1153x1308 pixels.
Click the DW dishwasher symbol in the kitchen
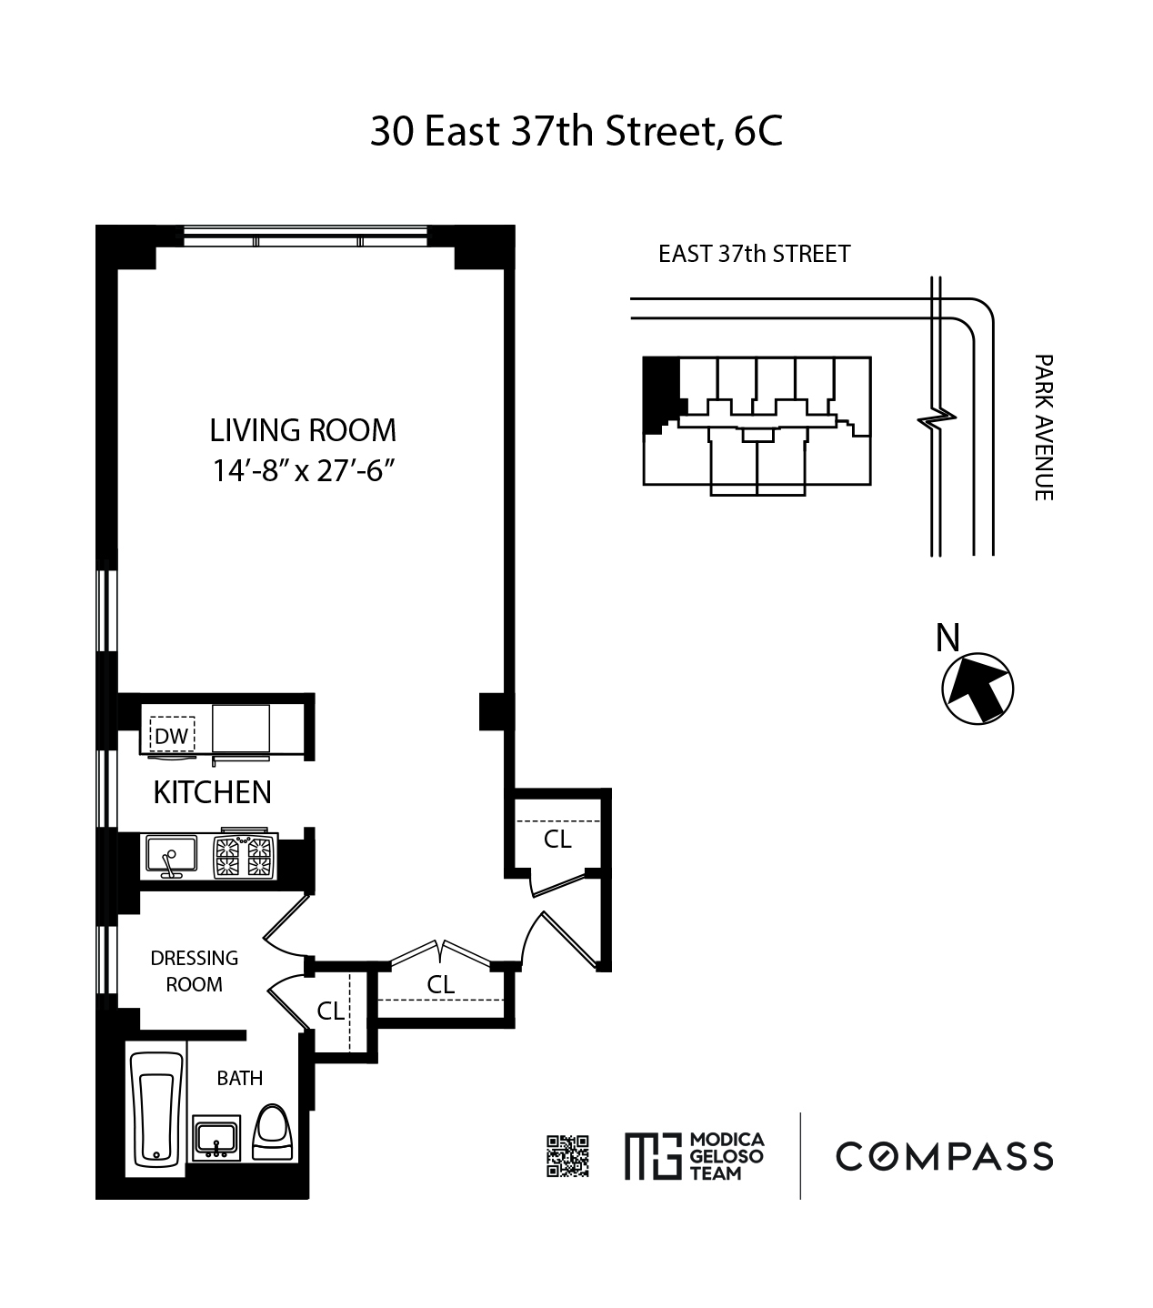point(172,735)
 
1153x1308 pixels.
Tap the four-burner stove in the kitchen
point(245,856)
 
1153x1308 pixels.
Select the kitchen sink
point(171,856)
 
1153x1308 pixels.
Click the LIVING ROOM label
point(303,430)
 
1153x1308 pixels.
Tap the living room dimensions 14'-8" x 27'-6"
point(303,470)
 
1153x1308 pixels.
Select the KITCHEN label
point(213,792)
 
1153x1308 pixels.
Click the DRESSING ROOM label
point(195,971)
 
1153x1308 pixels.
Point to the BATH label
point(239,1078)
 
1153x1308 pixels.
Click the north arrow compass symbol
point(978,689)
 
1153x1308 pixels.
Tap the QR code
point(567,1156)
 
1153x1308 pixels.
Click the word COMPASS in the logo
point(945,1156)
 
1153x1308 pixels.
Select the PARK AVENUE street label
point(1043,428)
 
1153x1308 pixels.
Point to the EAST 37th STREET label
point(754,254)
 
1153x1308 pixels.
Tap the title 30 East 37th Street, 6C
point(576,131)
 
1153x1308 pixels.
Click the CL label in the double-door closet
point(441,984)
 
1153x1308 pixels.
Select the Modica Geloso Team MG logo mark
point(653,1156)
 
